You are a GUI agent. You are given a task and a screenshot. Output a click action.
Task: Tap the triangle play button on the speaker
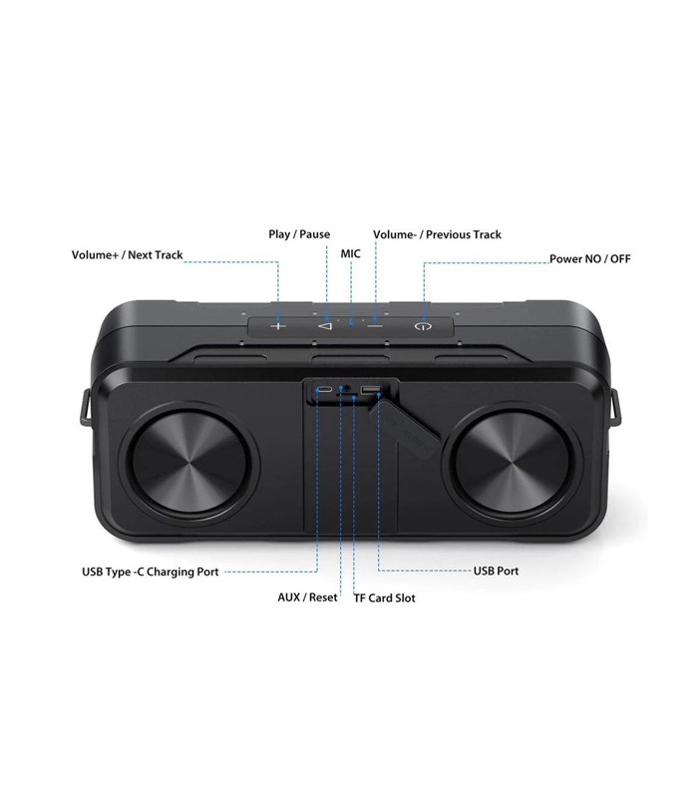point(325,325)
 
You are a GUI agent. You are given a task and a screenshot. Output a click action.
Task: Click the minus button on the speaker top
point(375,325)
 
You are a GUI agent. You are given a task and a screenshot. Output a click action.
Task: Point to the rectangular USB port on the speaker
point(371,390)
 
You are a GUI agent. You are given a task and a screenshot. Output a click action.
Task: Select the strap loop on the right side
point(614,409)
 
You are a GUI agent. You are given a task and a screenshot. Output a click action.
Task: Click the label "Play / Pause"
point(299,234)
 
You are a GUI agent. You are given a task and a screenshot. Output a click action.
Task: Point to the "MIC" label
point(350,254)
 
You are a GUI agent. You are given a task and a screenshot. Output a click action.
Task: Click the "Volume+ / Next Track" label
point(127,255)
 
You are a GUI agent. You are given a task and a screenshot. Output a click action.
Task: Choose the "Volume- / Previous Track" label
point(437,234)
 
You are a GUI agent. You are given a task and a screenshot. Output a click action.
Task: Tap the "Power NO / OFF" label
point(590,259)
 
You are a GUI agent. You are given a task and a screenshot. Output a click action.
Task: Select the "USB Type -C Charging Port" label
point(150,573)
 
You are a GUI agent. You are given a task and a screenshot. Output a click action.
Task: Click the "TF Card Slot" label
point(385,598)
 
